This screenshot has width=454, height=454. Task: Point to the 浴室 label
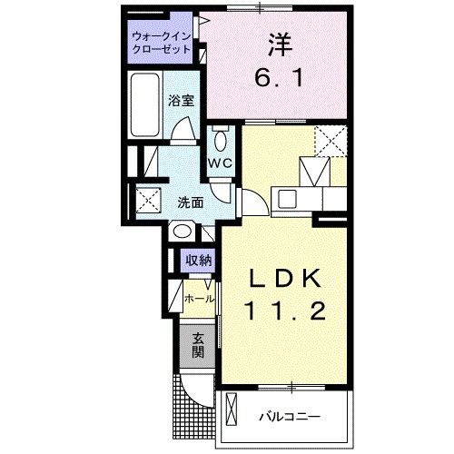183,102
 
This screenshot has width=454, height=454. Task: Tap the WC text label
221,163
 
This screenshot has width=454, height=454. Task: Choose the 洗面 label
189,202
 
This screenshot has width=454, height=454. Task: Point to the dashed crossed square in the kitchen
329,143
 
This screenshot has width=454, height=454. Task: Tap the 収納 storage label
198,260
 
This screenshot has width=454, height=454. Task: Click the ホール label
200,298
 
